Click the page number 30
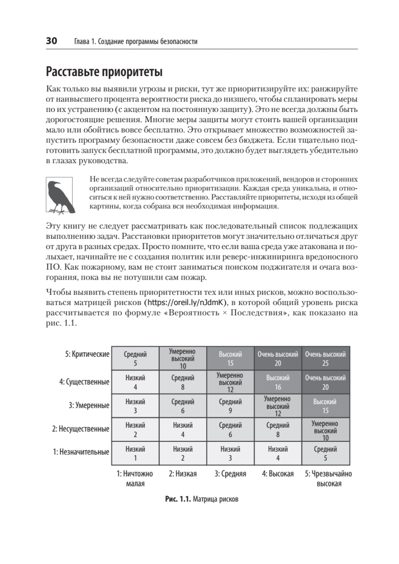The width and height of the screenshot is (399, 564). [51, 41]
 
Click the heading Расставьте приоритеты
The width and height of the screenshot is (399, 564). [104, 73]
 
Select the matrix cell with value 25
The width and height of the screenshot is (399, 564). [325, 359]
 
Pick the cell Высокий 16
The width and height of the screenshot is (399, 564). [278, 382]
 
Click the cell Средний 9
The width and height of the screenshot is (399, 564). [230, 406]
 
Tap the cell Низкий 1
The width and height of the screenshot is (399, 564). [135, 453]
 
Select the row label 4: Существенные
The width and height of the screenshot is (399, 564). [85, 382]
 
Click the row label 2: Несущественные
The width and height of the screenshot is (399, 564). [81, 429]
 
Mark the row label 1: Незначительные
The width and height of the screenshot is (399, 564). [81, 452]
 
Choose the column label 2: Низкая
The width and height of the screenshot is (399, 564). [183, 474]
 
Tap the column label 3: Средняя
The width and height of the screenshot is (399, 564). [230, 474]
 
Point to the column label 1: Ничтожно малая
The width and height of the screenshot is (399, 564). [135, 478]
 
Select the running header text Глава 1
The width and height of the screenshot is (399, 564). [86, 41]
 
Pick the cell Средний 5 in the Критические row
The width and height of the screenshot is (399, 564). [135, 359]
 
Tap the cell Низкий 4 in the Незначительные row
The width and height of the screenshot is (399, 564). [278, 453]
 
